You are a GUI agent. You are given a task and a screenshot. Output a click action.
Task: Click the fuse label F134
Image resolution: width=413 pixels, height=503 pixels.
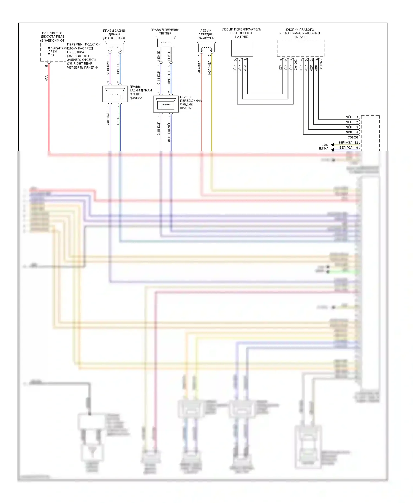(x=54, y=51)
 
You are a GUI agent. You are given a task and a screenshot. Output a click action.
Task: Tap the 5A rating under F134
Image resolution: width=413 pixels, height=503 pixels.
(x=53, y=55)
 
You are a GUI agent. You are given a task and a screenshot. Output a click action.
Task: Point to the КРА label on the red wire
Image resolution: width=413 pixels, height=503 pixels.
(x=47, y=78)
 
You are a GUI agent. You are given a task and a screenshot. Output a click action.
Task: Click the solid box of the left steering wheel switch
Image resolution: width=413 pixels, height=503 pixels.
(x=242, y=48)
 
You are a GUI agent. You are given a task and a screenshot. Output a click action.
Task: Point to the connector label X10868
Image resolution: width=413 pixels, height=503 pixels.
(x=321, y=65)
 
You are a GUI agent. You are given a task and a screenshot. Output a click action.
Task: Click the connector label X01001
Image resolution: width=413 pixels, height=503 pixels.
(x=353, y=138)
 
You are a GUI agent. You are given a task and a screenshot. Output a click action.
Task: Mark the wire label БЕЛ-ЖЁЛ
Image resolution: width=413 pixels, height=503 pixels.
(x=345, y=143)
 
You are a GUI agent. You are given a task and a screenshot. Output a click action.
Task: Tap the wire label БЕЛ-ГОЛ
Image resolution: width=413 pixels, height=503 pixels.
(x=346, y=148)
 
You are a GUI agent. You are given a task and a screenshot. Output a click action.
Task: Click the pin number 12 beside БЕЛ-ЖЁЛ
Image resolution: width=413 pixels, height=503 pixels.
(x=356, y=143)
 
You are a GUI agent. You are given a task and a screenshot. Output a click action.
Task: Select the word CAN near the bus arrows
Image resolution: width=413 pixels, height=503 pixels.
(x=325, y=145)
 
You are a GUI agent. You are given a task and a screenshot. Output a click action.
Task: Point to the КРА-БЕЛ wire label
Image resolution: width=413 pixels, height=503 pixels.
(x=199, y=67)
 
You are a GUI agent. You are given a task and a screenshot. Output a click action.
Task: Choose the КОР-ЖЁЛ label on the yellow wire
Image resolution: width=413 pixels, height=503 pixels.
(x=210, y=68)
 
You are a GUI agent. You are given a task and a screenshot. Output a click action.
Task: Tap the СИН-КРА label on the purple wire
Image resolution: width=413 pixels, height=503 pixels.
(x=108, y=68)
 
